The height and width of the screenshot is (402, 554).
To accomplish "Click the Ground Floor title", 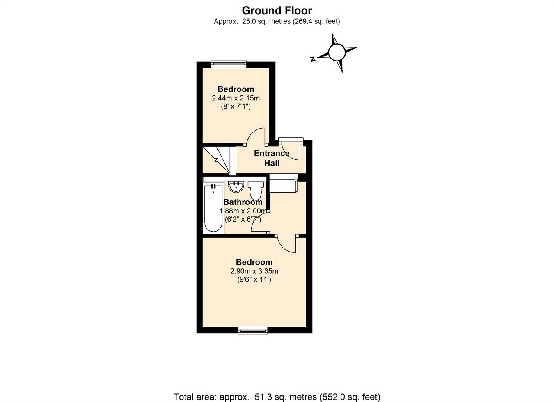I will (277, 10).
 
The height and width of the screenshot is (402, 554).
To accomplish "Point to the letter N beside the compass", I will (313, 59).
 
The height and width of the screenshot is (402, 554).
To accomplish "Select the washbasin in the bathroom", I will (236, 187).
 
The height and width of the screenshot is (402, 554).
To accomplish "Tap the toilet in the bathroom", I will (255, 190).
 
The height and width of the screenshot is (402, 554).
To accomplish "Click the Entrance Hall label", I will (272, 158).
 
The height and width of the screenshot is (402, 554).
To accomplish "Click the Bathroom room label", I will (243, 202).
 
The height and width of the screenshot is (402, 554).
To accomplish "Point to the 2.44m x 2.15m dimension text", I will (236, 98).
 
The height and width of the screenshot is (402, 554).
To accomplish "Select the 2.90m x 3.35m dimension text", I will (254, 271).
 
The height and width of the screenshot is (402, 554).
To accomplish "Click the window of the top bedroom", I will (229, 64).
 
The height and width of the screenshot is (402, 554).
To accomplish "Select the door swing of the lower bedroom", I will (287, 244).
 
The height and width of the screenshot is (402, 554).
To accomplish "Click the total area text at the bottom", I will (277, 397).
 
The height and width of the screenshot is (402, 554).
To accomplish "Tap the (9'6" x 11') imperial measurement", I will (254, 279).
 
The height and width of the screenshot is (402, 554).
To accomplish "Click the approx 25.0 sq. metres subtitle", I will (277, 21).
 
